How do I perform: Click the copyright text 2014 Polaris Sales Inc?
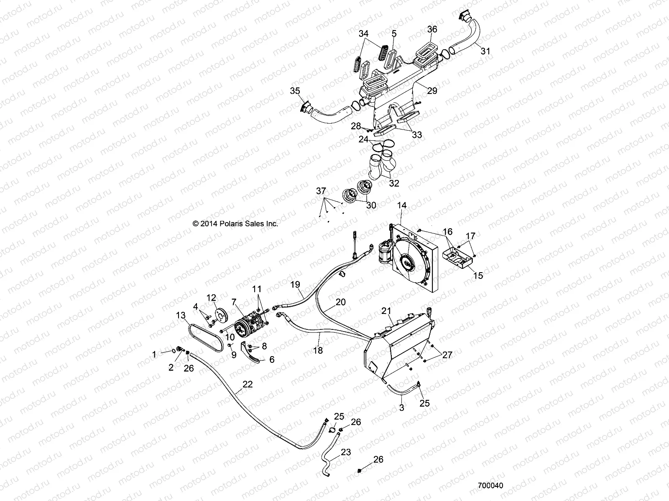coord(235,223)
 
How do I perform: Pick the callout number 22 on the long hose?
coord(248,385)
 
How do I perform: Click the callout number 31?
coord(485,51)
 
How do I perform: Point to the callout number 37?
coord(320,191)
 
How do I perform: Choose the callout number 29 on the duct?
coord(432,90)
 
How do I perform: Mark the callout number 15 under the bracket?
coord(478,276)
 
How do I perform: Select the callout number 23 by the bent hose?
coord(346,452)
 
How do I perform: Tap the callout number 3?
coord(401,408)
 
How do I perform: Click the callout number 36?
coord(432,29)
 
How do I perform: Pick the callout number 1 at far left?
coord(154,354)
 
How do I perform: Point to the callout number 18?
coord(318,351)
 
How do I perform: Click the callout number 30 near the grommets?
coord(371,205)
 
